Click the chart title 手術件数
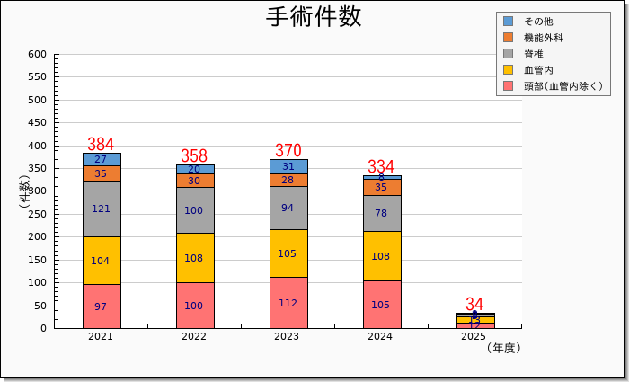coord(314,17)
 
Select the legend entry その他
coord(538,21)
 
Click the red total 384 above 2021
coord(101,145)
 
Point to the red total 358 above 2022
coord(194,156)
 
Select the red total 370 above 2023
coord(288,151)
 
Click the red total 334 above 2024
coord(381,167)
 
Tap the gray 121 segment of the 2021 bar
coord(102,209)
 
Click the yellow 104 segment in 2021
coord(102,261)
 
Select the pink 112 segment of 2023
coord(288,303)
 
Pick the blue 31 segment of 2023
coord(288,166)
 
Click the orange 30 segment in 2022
coord(194,181)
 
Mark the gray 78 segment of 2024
coord(381,213)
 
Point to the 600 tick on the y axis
coord(37,54)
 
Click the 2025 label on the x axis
coord(474,337)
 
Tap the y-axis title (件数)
coord(23,191)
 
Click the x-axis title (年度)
coord(503,348)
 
